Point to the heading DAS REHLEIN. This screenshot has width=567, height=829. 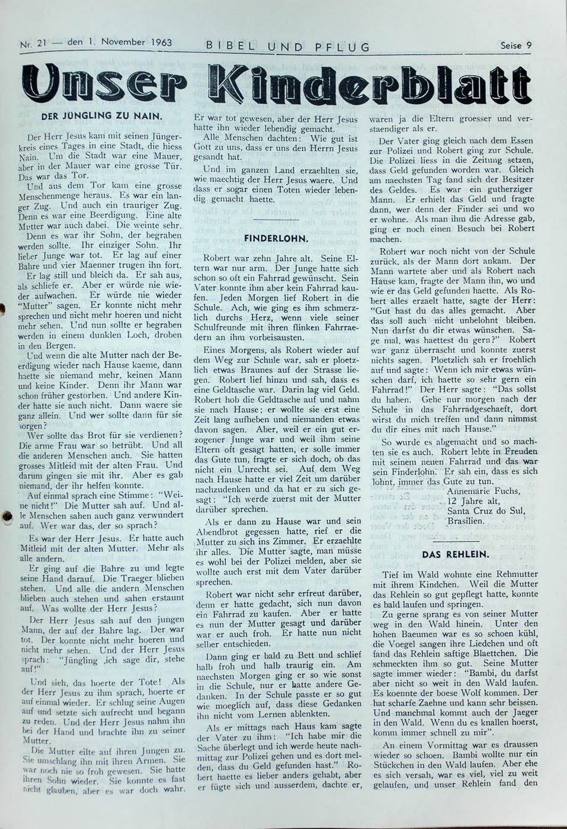pos(455,554)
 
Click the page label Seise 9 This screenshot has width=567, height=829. pos(514,44)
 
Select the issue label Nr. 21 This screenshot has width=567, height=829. pos(33,43)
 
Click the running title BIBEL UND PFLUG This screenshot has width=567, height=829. pos(288,46)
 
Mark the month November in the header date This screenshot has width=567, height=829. pos(123,43)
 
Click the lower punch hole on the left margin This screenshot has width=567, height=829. pos(7,516)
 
